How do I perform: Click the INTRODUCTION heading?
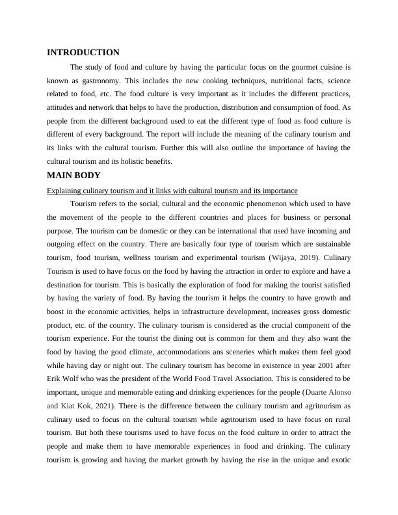click(83, 53)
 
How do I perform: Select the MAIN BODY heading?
click(73, 176)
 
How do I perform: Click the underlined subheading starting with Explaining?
click(172, 191)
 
